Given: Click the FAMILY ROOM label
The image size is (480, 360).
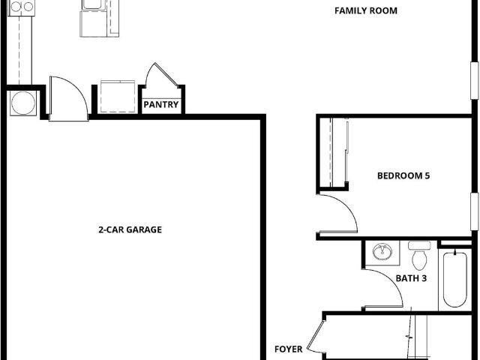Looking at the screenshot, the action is coord(366,10).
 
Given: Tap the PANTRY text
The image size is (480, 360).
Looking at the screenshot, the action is coord(161,105).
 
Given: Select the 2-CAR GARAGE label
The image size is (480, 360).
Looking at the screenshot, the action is coord(130,229).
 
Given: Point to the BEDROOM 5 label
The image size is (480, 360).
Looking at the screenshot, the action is coord(403,175).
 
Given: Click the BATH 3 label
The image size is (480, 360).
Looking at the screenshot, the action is coord(411,278).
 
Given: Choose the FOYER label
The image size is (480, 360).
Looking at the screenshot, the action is coord(288,349).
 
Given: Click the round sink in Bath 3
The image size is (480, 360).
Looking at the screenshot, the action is coord(382,252).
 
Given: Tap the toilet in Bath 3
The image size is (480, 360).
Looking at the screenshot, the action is coord(419,256).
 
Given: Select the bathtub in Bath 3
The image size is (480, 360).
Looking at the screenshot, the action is coord(455,279).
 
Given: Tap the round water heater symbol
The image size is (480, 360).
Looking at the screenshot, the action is coord(23,103).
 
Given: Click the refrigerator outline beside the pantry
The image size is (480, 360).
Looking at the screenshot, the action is coord(118,97).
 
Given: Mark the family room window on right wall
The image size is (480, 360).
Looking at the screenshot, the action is coord(475,81).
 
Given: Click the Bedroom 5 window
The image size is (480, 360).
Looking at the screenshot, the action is coord(475,211).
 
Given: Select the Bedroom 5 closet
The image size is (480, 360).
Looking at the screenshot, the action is coord(333,152).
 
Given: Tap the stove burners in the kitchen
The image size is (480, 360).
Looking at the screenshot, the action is coord(22,7).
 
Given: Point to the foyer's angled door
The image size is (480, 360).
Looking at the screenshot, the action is coord(315,336).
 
